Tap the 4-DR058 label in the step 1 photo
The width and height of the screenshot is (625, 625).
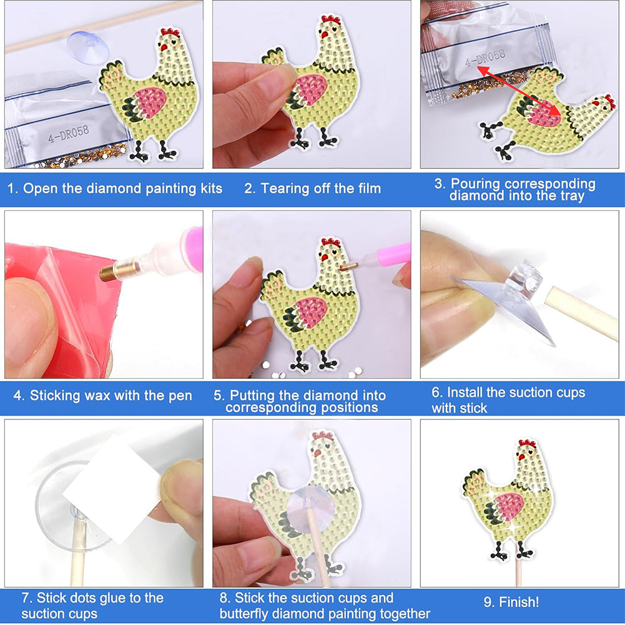(x=69, y=134)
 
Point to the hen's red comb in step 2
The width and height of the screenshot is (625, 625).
(x=331, y=19)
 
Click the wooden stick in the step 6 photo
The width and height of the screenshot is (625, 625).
(x=582, y=314)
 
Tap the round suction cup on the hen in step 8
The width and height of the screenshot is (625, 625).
(x=309, y=511)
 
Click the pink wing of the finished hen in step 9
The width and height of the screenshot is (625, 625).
(x=509, y=505)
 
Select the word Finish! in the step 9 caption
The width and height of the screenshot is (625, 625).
(x=518, y=601)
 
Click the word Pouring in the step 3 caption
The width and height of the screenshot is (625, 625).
(x=475, y=184)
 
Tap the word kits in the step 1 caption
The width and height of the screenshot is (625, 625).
(x=211, y=189)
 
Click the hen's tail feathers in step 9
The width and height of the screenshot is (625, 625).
(x=475, y=482)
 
